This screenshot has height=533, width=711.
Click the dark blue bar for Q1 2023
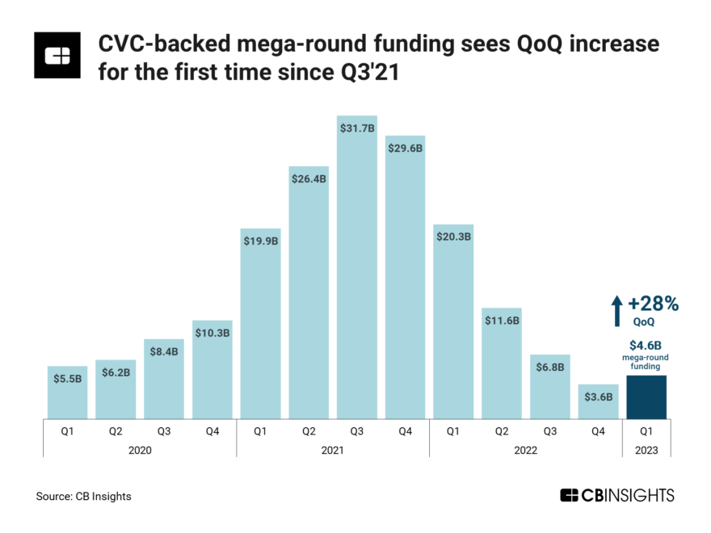tap(646, 397)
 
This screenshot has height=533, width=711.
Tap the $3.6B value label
tap(598, 397)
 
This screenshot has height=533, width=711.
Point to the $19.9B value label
tap(260, 241)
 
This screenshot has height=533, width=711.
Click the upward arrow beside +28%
tap(616, 311)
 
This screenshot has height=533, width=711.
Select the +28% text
tap(653, 304)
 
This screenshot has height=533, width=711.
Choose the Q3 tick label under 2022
tap(549, 431)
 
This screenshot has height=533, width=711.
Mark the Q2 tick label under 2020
tap(116, 431)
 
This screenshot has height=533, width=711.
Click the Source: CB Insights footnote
tap(83, 496)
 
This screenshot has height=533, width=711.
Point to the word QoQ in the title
tap(529, 44)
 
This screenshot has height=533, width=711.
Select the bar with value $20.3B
tap(453, 323)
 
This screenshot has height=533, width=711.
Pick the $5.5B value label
tap(67, 378)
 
